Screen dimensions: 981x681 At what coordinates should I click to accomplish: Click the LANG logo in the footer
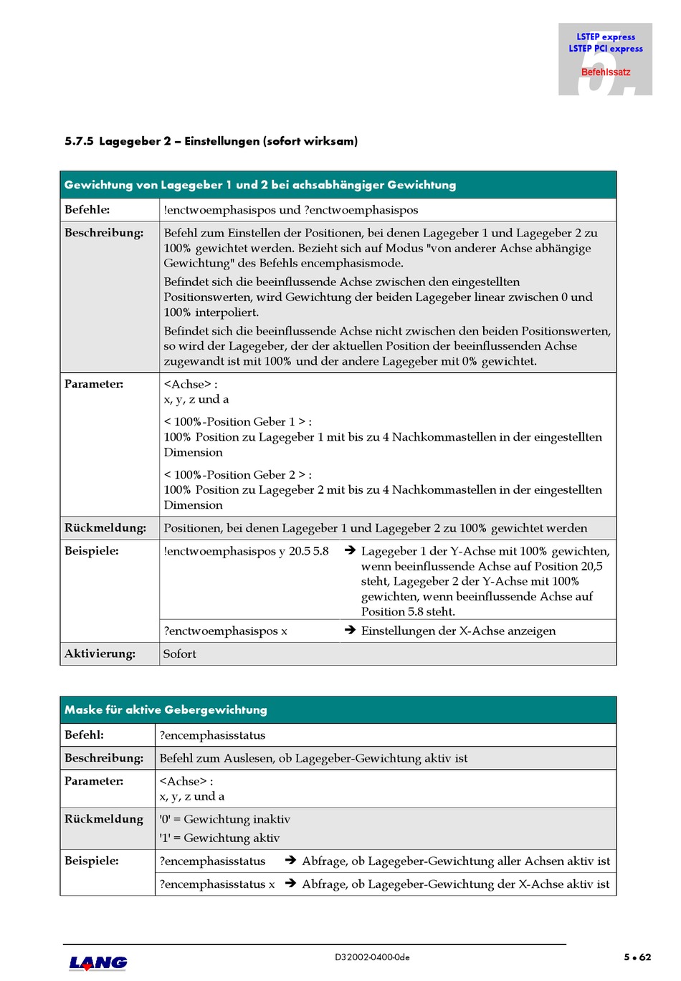98,963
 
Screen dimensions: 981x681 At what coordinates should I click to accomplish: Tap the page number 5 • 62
637,957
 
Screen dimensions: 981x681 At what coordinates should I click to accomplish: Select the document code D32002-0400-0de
372,957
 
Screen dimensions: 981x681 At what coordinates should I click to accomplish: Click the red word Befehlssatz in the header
606,72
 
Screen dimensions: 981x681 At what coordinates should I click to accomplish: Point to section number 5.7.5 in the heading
79,141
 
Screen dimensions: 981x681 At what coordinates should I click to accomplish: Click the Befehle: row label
87,210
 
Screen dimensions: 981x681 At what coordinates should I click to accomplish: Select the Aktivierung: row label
100,654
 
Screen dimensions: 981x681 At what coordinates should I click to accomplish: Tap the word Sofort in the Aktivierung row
179,654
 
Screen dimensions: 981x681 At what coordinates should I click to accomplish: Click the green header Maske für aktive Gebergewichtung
166,709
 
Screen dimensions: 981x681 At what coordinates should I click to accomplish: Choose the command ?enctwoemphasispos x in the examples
225,631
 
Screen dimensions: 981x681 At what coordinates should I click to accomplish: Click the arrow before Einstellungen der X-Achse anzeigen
350,631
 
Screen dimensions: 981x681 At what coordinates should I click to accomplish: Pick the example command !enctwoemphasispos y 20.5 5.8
246,551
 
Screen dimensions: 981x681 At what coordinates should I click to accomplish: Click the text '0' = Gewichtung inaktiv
224,819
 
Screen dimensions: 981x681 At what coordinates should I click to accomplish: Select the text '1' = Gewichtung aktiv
219,838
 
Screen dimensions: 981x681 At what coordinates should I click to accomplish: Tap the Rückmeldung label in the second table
104,819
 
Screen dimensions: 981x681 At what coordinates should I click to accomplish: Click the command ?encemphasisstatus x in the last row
216,884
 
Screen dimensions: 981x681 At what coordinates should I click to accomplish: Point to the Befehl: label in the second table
84,734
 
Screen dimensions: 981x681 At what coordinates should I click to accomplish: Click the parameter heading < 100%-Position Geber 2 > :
237,474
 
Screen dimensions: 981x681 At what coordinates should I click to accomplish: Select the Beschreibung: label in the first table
103,233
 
